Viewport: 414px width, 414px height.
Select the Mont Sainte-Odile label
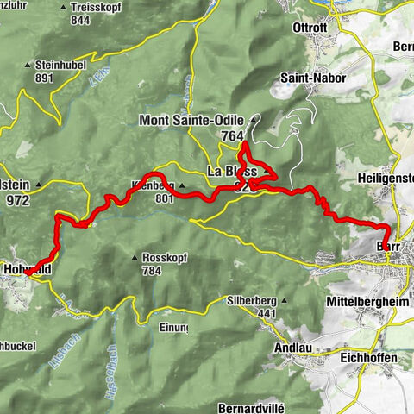(x=191, y=121)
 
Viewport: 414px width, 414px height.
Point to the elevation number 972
(x=16, y=201)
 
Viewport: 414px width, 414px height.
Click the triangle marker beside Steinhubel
(x=28, y=65)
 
